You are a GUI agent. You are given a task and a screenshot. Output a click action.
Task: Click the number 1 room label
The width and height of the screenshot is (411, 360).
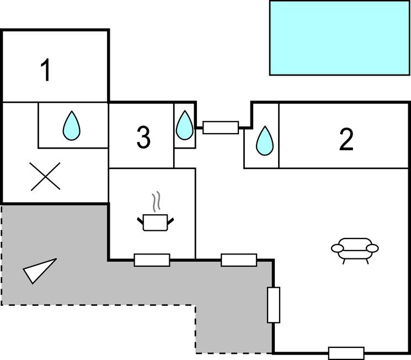click(x=46, y=71)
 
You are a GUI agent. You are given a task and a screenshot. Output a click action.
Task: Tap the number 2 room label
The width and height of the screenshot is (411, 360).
click(x=346, y=140)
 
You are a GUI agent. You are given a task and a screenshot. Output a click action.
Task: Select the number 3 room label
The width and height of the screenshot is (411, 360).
click(x=143, y=137)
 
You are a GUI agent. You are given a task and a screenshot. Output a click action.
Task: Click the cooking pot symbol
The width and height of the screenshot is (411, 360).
click(x=154, y=223)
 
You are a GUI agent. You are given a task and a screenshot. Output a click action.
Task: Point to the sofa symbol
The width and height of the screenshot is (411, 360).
click(x=355, y=248)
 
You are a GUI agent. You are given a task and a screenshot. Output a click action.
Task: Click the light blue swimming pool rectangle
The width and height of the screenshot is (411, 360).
click(x=339, y=38)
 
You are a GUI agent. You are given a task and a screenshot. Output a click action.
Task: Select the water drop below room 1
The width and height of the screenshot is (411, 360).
click(x=71, y=125)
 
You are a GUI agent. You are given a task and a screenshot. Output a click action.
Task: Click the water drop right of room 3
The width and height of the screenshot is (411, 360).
click(x=185, y=126)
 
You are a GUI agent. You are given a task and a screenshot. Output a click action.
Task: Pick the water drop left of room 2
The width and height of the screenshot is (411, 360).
click(x=265, y=141)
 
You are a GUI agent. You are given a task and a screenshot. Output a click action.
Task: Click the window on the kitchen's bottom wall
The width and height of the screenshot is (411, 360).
click(x=152, y=260)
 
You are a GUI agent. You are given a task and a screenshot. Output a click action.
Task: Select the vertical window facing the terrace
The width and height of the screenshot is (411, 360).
click(x=274, y=305)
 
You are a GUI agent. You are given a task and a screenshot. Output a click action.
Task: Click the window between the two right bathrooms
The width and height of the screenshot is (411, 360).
click(x=221, y=128)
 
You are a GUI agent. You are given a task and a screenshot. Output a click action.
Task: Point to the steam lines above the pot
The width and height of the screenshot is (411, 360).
click(x=156, y=202)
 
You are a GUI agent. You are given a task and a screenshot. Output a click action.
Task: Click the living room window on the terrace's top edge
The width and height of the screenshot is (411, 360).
click(x=239, y=260)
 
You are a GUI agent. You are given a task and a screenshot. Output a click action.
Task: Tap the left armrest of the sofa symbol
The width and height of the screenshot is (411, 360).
click(x=337, y=249)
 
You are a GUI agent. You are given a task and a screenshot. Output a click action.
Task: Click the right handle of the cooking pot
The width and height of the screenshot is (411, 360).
click(x=170, y=221)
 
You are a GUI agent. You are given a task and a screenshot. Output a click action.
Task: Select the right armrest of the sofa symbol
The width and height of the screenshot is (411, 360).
click(x=374, y=249)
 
